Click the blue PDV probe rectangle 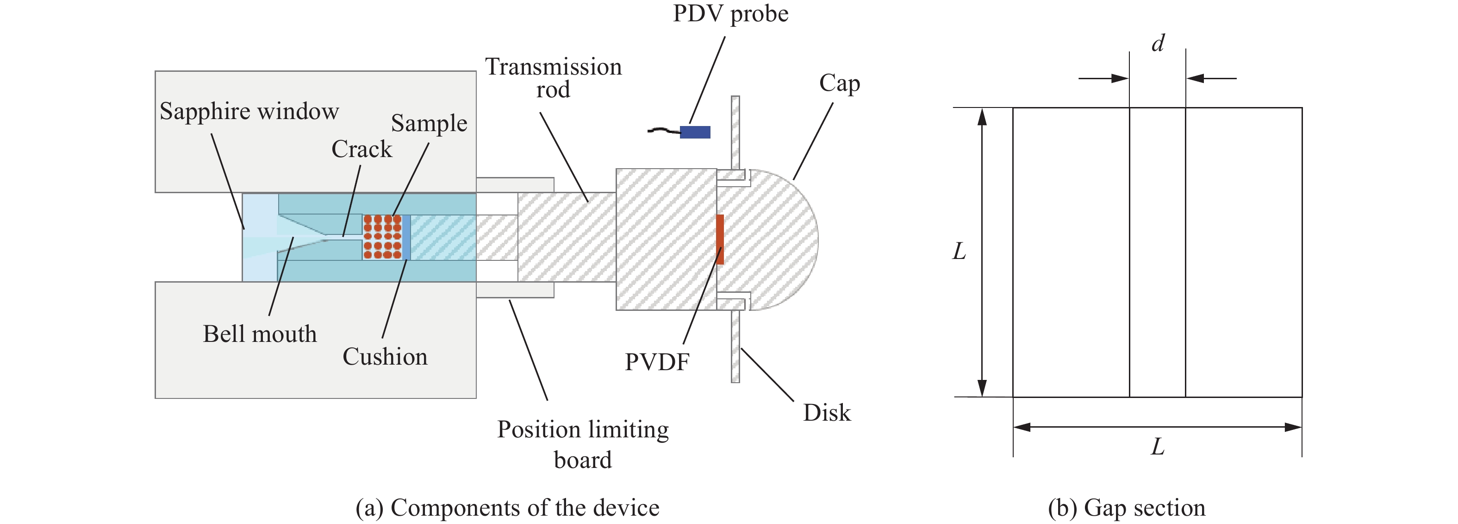pyautogui.click(x=695, y=132)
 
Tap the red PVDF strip pyautogui.click(x=720, y=239)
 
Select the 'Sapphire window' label pyautogui.click(x=249, y=111)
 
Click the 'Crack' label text pyautogui.click(x=361, y=149)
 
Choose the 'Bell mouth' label pyautogui.click(x=260, y=334)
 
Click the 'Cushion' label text pyautogui.click(x=385, y=357)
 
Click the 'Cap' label pyautogui.click(x=839, y=83)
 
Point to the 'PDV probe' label pyautogui.click(x=730, y=13)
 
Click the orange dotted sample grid pyautogui.click(x=382, y=237)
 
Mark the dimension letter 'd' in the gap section pyautogui.click(x=1158, y=43)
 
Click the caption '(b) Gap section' pyautogui.click(x=1126, y=508)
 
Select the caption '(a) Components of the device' pyautogui.click(x=507, y=508)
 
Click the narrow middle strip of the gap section pyautogui.click(x=1158, y=252)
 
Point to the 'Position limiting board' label pyautogui.click(x=583, y=445)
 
